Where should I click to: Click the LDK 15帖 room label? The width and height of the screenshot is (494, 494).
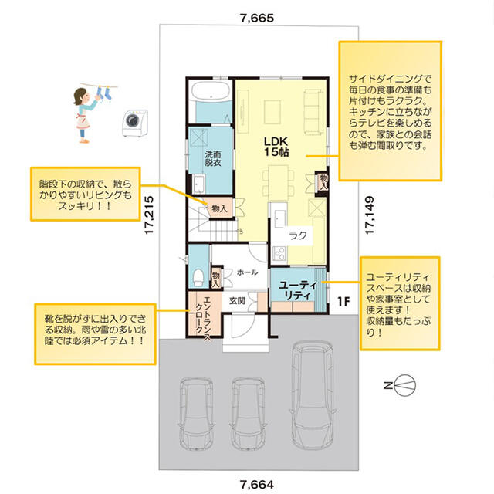pyautogui.click(x=276, y=147)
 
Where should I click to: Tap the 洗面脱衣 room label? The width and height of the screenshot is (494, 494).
pyautogui.click(x=213, y=158)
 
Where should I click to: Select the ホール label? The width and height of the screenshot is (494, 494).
pyautogui.click(x=247, y=272)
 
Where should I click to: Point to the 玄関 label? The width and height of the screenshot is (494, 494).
pyautogui.click(x=237, y=301)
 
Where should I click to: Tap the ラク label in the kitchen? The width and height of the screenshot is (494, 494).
pyautogui.click(x=298, y=235)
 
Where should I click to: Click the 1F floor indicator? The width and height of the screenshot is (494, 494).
pyautogui.click(x=343, y=302)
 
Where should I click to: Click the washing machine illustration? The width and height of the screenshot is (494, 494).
pyautogui.click(x=135, y=123)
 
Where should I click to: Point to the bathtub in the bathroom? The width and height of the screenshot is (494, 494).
pyautogui.click(x=211, y=91)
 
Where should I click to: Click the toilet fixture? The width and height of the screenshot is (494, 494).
pyautogui.click(x=198, y=277)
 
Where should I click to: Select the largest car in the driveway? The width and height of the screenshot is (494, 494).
pyautogui.click(x=312, y=394)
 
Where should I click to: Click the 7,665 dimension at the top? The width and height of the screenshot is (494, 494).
pyautogui.click(x=257, y=19)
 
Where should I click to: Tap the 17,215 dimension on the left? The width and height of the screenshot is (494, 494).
pyautogui.click(x=149, y=215)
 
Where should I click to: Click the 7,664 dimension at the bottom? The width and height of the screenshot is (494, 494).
pyautogui.click(x=257, y=484)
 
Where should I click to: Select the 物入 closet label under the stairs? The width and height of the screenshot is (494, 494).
pyautogui.click(x=219, y=208)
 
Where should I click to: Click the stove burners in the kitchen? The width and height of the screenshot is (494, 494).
pyautogui.click(x=279, y=253)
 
